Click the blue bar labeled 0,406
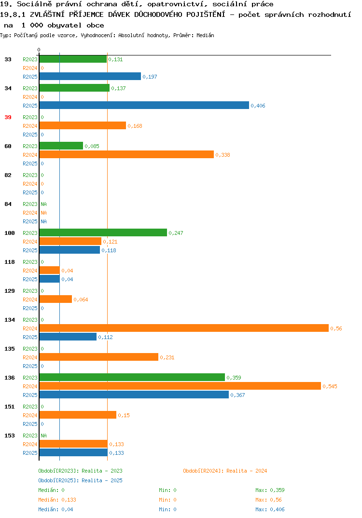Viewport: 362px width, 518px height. [x=144, y=105]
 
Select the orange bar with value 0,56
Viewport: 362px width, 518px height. [x=184, y=328]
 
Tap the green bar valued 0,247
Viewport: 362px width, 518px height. [x=103, y=232]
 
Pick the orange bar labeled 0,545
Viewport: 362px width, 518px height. [x=180, y=386]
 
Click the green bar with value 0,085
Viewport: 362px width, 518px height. [x=61, y=146]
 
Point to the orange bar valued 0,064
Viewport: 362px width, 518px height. [x=56, y=300]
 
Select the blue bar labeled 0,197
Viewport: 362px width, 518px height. [x=90, y=76]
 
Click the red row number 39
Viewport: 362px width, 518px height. [x=8, y=117]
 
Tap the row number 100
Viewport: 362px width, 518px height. [x=10, y=233]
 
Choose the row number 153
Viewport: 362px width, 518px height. [x=10, y=436]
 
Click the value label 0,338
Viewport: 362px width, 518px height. [x=223, y=155]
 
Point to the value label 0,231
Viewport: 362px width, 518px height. [x=167, y=357]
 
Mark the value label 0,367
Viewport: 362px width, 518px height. [x=237, y=395]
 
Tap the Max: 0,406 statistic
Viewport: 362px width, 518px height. [x=270, y=509]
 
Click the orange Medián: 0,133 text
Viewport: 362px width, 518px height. [x=57, y=500]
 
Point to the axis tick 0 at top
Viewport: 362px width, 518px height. [x=39, y=50]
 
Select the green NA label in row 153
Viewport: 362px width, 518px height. [x=43, y=436]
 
